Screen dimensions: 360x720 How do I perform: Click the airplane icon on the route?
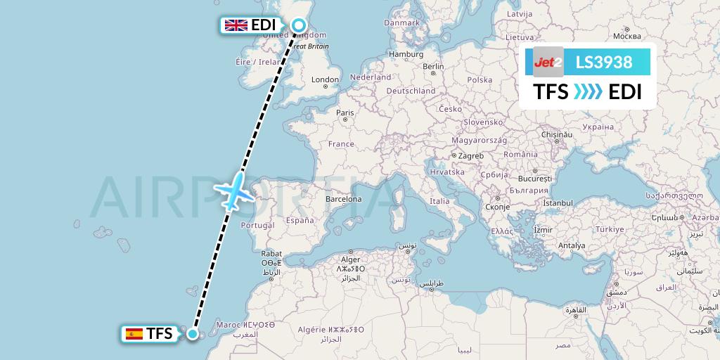(x=232, y=190)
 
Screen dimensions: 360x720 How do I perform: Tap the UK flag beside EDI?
(x=236, y=25)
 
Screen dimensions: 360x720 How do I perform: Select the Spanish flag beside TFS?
(x=133, y=333)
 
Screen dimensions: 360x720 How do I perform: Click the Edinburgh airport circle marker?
(x=299, y=26)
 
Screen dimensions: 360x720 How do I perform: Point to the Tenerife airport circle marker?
(x=193, y=333)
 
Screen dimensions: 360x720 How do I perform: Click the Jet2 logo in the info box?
(x=548, y=63)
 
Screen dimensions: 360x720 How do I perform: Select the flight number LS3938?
(x=603, y=63)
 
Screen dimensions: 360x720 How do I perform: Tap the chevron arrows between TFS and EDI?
(x=588, y=92)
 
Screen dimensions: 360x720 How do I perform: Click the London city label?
(x=325, y=80)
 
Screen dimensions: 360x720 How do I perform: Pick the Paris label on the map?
(x=345, y=112)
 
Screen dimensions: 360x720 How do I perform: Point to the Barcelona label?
(x=343, y=199)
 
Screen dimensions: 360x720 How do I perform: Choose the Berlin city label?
(x=434, y=67)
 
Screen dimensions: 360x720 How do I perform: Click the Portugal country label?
(x=256, y=225)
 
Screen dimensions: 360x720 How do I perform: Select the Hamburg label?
(x=406, y=54)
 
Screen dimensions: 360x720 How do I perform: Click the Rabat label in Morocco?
(x=271, y=253)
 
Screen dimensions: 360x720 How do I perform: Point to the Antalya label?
(x=572, y=245)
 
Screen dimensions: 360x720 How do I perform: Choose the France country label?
(x=341, y=143)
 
